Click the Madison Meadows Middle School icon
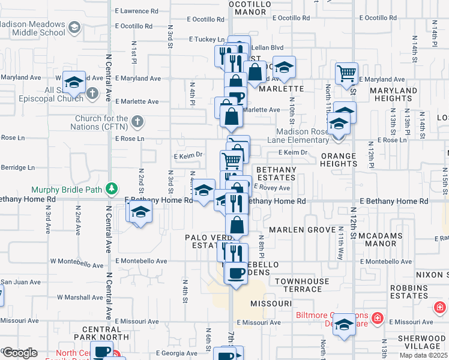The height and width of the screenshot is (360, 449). pyautogui.click(x=74, y=28)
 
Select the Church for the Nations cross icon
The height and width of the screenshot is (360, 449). pyautogui.click(x=137, y=122)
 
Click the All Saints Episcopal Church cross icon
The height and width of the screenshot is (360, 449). pyautogui.click(x=91, y=94)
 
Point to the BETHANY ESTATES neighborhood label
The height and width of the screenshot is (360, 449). pyautogui.click(x=277, y=174)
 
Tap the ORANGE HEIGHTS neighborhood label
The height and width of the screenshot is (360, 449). pyautogui.click(x=339, y=160)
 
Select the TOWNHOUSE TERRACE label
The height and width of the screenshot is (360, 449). pyautogui.click(x=302, y=285)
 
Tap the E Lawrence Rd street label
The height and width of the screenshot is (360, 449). pyautogui.click(x=137, y=11)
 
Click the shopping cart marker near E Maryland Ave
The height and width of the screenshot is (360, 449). pyautogui.click(x=346, y=74)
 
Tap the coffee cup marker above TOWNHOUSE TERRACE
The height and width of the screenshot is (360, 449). pyautogui.click(x=235, y=274)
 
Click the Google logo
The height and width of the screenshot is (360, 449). pyautogui.click(x=20, y=353)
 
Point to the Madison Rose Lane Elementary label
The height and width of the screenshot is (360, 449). pyautogui.click(x=303, y=136)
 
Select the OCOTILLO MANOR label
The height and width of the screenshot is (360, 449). pyautogui.click(x=251, y=7)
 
